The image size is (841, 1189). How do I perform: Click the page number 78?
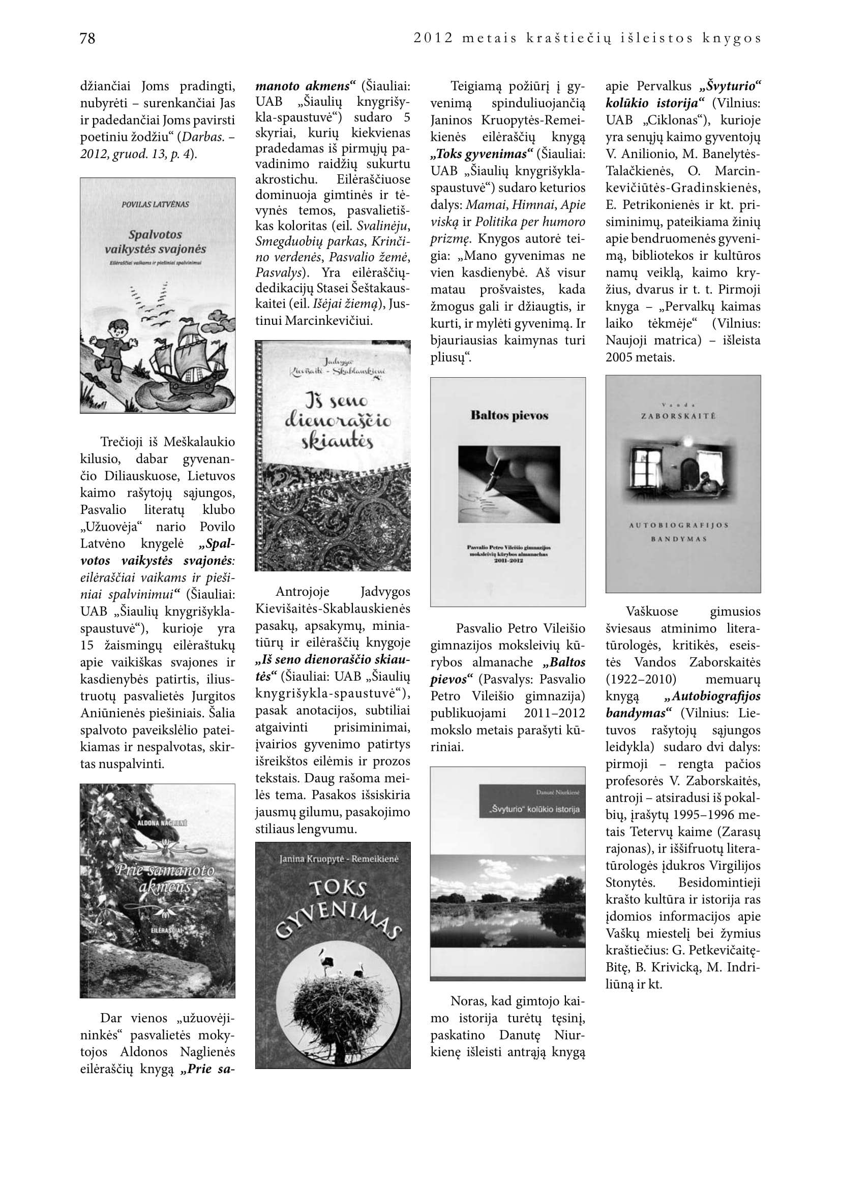coord(87,38)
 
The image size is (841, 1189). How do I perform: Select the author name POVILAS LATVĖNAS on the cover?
coord(156,204)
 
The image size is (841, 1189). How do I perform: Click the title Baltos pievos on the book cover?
coord(509,415)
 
